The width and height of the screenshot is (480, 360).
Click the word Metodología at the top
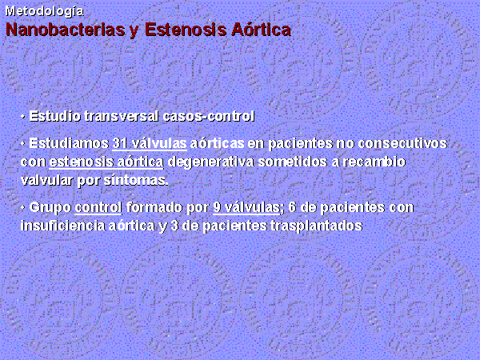click(x=45, y=12)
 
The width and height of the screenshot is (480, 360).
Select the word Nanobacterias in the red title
click(x=66, y=30)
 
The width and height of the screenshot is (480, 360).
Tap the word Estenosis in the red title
click(x=186, y=30)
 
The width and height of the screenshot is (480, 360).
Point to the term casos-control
click(x=209, y=116)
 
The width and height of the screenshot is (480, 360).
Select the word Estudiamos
click(x=69, y=143)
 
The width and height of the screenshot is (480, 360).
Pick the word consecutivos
click(x=402, y=143)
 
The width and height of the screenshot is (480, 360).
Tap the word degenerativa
click(x=211, y=162)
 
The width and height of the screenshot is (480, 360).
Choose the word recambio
click(x=374, y=162)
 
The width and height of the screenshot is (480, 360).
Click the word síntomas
click(x=136, y=180)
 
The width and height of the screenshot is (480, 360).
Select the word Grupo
click(x=50, y=207)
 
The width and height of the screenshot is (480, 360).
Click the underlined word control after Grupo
click(x=98, y=207)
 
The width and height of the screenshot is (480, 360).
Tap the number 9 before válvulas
click(x=217, y=207)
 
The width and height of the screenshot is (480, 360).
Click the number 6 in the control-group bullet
click(x=292, y=207)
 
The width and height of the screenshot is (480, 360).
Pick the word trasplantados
click(x=317, y=226)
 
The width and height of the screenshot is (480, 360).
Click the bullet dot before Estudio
click(x=22, y=117)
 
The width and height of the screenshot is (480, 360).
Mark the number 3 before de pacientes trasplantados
click(x=174, y=226)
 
